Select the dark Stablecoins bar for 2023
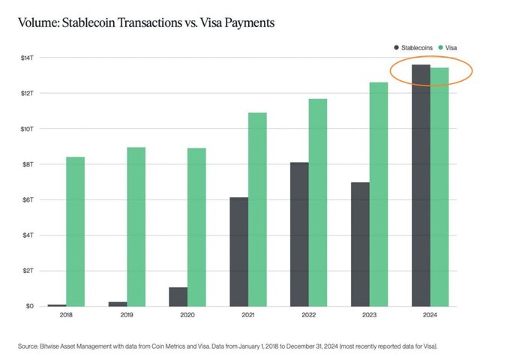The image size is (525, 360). click(360, 244)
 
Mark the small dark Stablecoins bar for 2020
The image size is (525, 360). click(178, 296)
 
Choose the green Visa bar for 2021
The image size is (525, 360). click(257, 209)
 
